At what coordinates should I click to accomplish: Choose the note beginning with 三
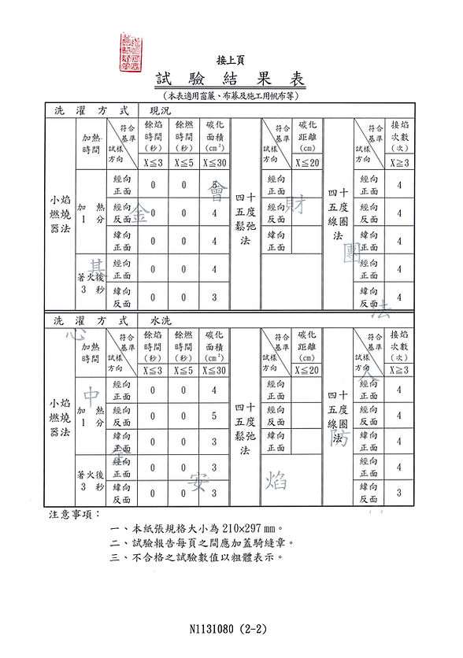coord(197,556)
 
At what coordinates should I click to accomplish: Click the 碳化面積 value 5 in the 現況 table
coord(214,185)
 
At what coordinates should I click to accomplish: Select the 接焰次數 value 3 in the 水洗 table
coord(400,493)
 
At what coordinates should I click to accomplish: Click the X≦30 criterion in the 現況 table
coord(214,163)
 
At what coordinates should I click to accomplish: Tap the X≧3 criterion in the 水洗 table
coord(400,370)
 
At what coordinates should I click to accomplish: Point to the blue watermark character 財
coord(298,206)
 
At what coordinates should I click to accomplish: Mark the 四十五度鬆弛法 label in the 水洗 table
coord(245,428)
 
